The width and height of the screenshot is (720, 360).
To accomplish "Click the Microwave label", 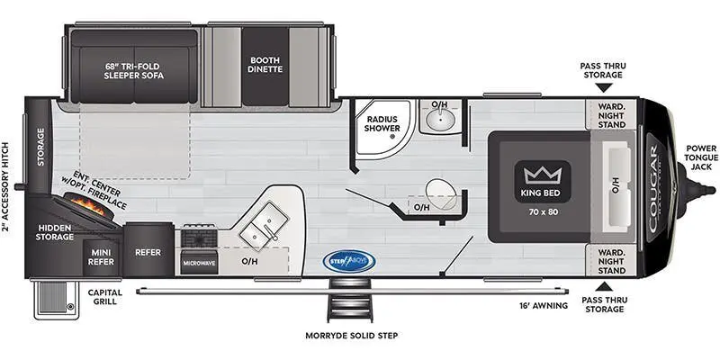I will pyautogui.click(x=199, y=263).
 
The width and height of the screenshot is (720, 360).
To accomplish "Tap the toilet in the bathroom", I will pyautogui.click(x=438, y=191).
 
